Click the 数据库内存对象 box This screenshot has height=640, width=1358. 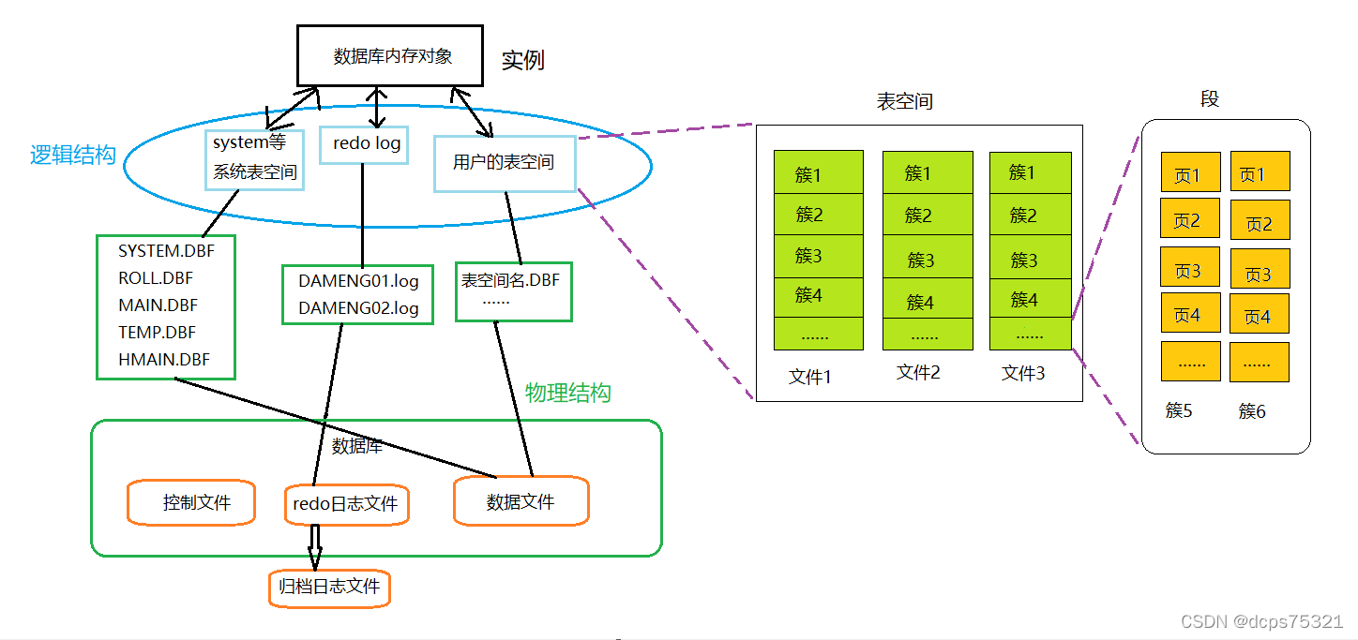pos(393,56)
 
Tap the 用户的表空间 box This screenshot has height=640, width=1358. pos(504,163)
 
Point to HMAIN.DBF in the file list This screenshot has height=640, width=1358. pos(164,359)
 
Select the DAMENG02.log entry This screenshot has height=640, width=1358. pos(358,308)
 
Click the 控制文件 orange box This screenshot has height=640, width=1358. pos(195,502)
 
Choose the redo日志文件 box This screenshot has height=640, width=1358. pos(345,504)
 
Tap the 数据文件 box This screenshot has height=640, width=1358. pos(521,501)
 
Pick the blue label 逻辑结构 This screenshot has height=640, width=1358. pos(73,156)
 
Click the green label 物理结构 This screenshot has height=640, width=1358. pos(568,393)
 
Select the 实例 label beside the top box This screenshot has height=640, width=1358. pos(522,61)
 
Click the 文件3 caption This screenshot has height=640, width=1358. pos(1023,373)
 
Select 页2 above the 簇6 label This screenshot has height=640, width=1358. pos(1260,224)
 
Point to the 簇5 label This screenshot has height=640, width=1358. pos(1179,410)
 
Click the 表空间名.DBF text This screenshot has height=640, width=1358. pos(510,280)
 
